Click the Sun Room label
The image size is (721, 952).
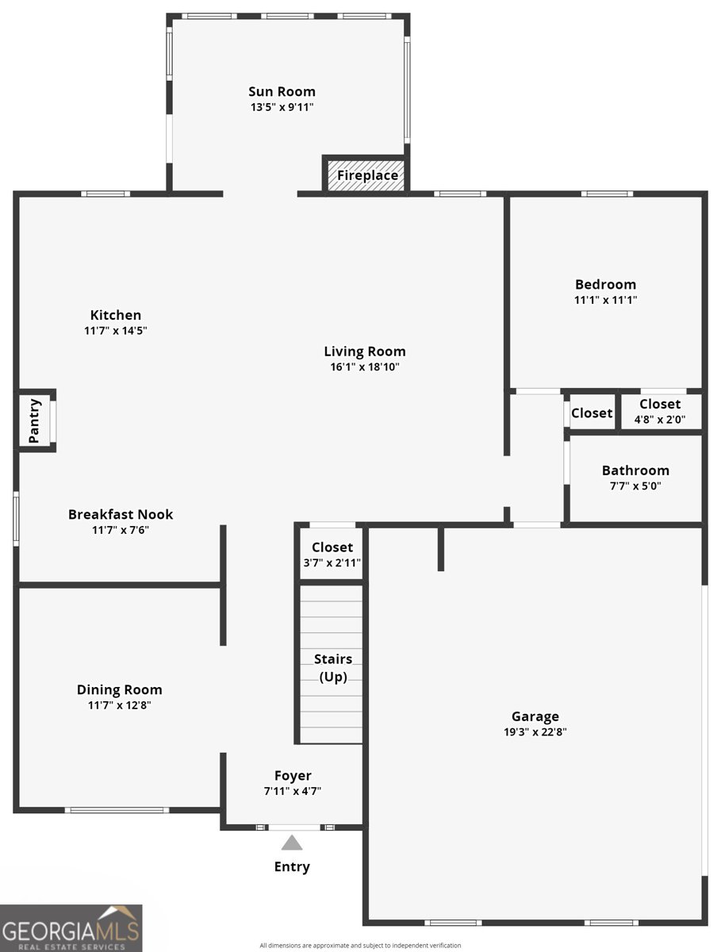click(x=282, y=91)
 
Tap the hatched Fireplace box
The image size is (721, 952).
click(x=367, y=175)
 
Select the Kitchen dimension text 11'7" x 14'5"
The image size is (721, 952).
click(x=116, y=331)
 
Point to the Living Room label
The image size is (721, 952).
click(x=364, y=351)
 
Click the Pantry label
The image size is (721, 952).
click(x=34, y=420)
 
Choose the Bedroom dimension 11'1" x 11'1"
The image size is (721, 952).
click(x=605, y=300)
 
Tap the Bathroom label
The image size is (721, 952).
click(x=635, y=470)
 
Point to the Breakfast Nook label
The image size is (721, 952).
click(x=121, y=514)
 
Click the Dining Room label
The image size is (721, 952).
click(x=119, y=690)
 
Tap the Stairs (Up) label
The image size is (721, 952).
click(x=332, y=668)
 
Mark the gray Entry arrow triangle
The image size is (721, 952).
click(x=292, y=843)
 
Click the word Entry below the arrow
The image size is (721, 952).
click(x=292, y=866)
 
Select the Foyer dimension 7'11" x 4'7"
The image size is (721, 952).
click(x=293, y=791)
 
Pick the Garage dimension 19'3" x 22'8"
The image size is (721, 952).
click(x=535, y=732)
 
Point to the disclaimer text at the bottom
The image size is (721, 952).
click(x=360, y=945)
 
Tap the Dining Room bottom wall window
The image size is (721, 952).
click(x=117, y=810)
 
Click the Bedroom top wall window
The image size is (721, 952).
click(x=607, y=194)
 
